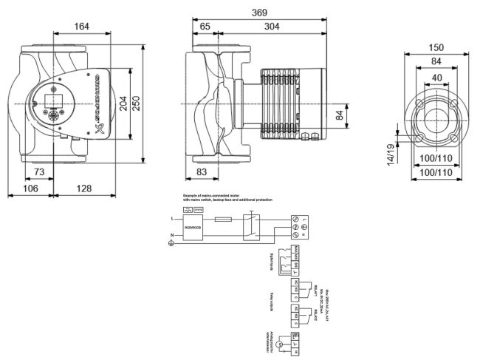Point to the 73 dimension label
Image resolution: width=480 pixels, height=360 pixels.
point(39,171)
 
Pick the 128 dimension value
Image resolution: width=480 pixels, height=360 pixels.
point(84,189)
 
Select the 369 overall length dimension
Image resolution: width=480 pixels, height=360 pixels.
point(259,13)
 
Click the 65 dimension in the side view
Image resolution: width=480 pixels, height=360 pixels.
point(205,27)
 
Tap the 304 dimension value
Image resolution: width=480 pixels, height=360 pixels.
point(273,27)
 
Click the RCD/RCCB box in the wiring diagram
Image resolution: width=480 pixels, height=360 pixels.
point(194,227)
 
